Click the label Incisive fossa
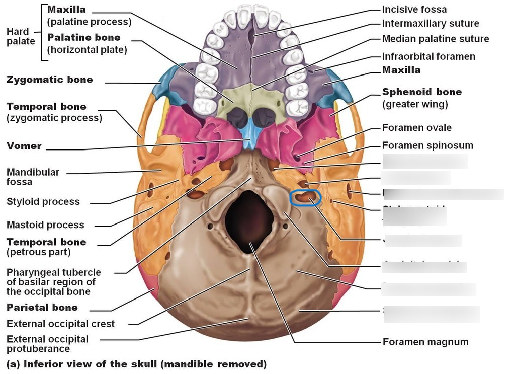tap(414, 9)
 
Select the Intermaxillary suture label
tap(431, 23)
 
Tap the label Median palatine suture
tap(435, 39)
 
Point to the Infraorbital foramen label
tap(428, 56)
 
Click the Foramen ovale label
tap(416, 128)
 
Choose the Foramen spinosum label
tap(427, 145)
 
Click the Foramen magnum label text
tap(425, 342)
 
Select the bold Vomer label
tap(24, 146)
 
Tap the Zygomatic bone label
tap(50, 80)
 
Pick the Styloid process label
tap(43, 202)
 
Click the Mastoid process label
tap(45, 225)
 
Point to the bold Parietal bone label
tap(42, 308)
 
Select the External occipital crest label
tap(60, 324)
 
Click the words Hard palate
tap(18, 36)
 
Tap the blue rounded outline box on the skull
tap(305, 197)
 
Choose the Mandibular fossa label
tap(33, 177)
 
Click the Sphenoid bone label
tap(421, 92)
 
